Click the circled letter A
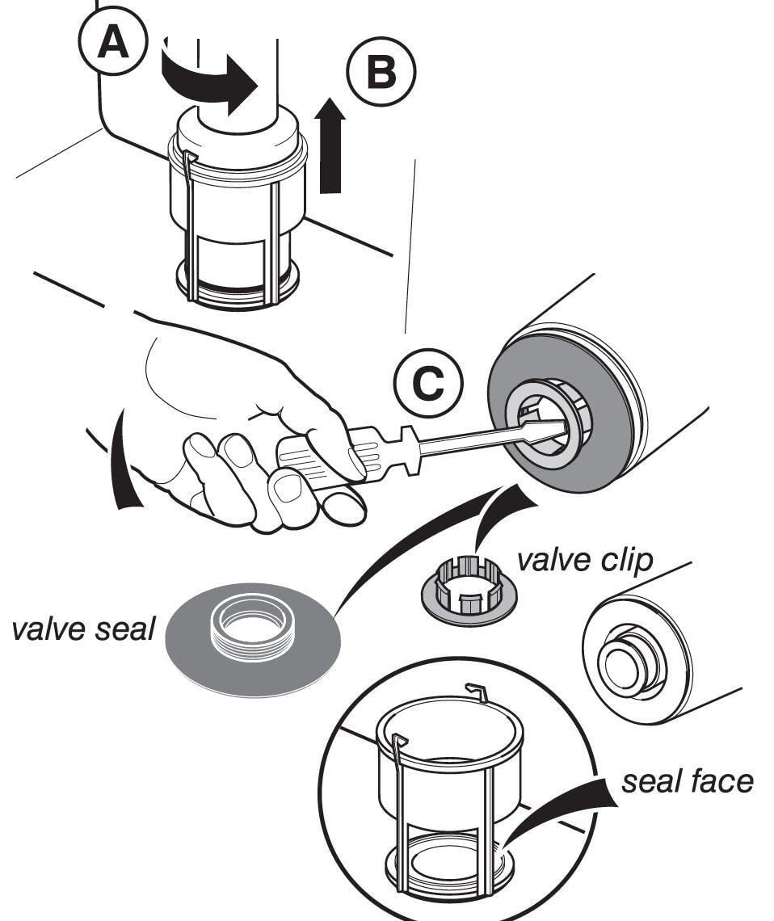[112, 43]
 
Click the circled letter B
[381, 72]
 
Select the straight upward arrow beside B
[330, 145]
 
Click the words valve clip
[584, 560]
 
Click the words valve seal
[82, 629]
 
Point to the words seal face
[687, 781]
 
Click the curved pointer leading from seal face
[566, 808]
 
